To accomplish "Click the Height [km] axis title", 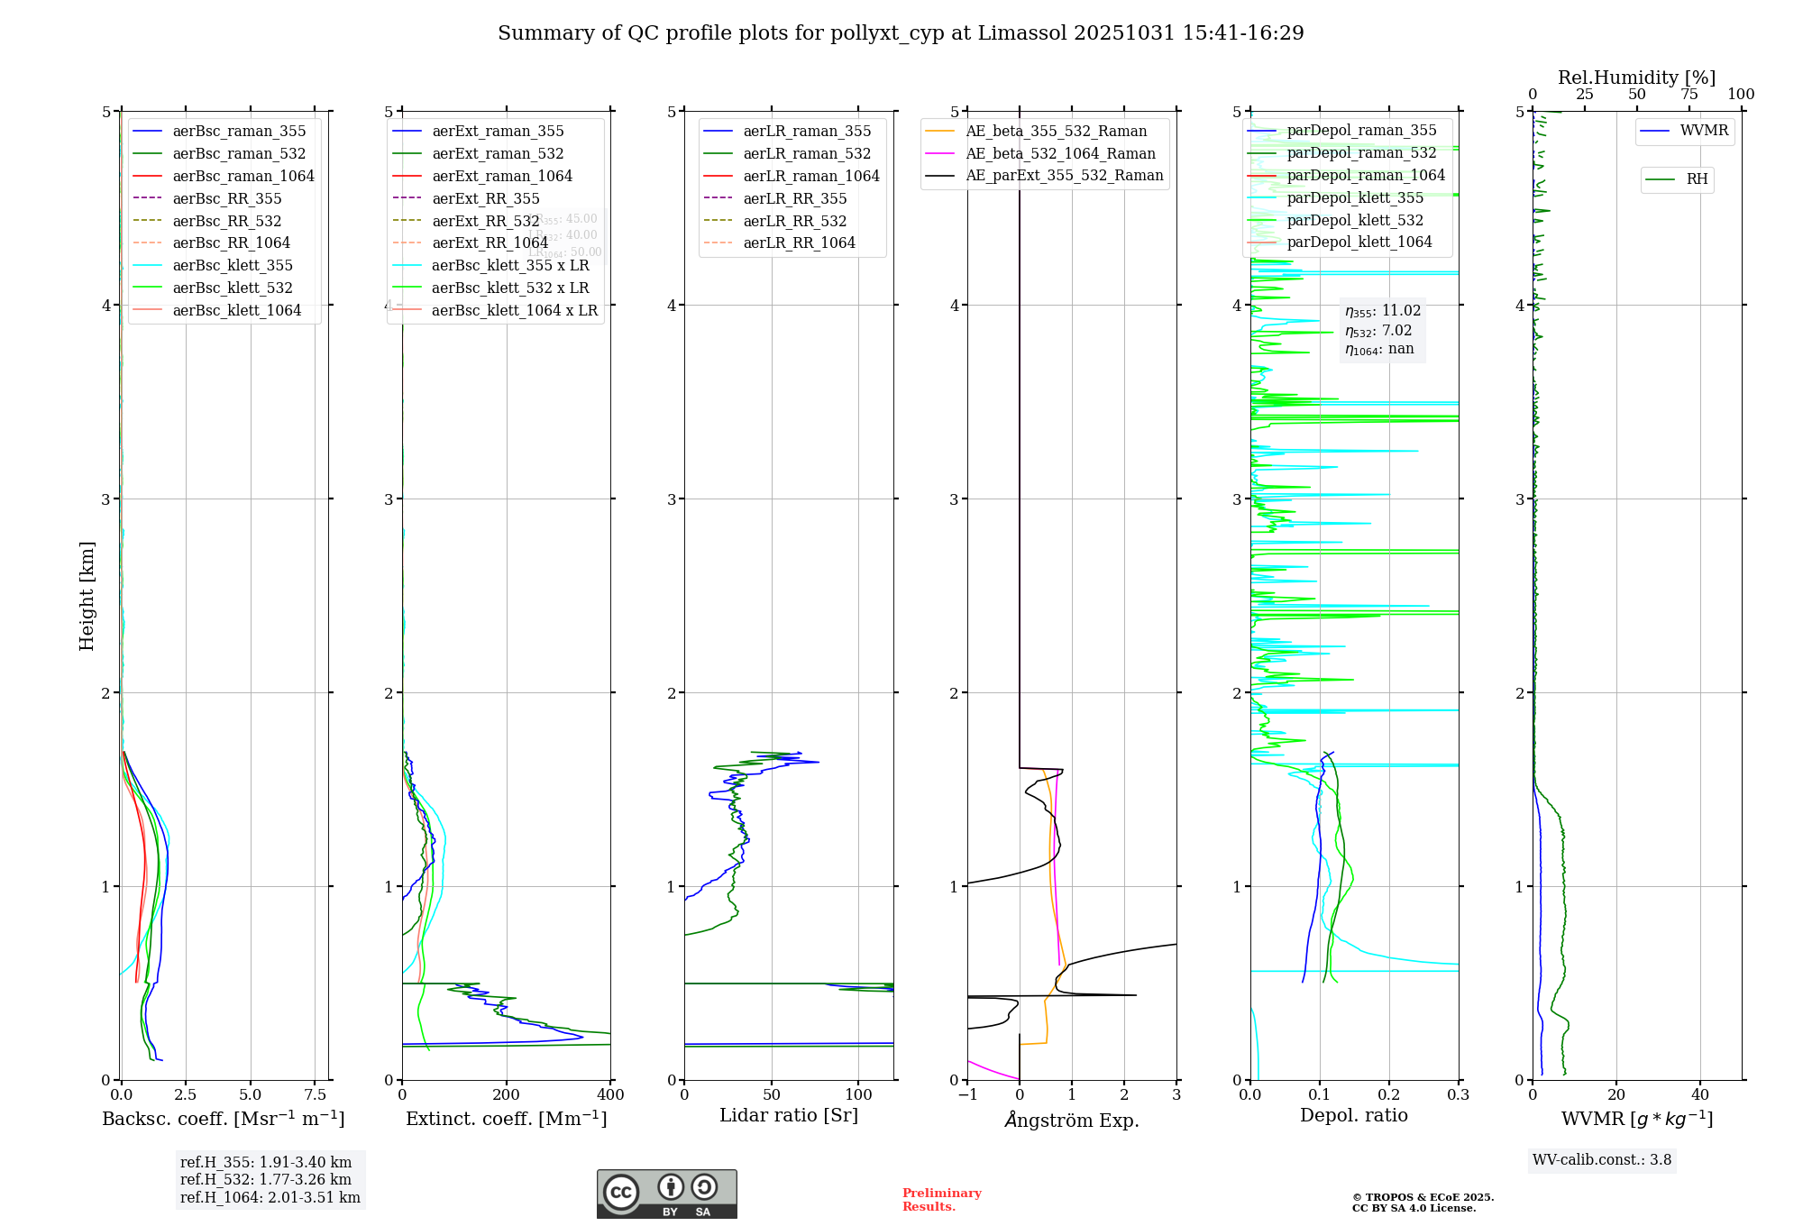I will coord(87,595).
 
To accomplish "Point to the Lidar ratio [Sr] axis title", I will coord(789,1115).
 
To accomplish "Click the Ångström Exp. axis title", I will coord(1072,1120).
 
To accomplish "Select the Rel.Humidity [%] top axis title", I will coord(1636,78).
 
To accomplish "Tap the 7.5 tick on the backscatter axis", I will coord(315,1095).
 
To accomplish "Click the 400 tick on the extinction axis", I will coord(610,1095).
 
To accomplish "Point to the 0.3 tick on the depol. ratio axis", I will coord(1458,1095).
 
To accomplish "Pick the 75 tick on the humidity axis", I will coord(1689,95).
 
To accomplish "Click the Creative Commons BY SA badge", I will coord(666,1194).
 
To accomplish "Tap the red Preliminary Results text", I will coord(941,1200).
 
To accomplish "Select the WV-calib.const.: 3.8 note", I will coord(1602,1160).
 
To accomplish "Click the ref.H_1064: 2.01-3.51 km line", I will coord(270,1197).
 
